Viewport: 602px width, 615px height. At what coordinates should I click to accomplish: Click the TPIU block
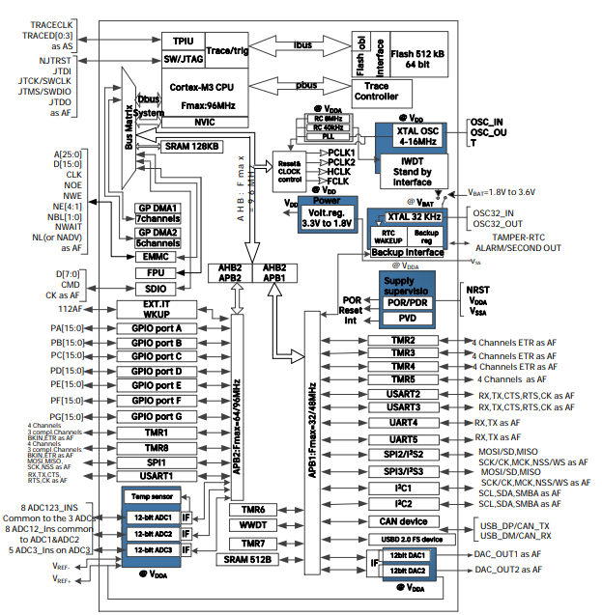pos(183,42)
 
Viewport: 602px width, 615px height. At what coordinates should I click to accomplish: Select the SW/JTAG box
pos(183,59)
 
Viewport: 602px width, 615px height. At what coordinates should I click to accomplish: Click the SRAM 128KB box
pos(191,147)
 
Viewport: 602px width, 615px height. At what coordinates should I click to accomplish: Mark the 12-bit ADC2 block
pos(151,532)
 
